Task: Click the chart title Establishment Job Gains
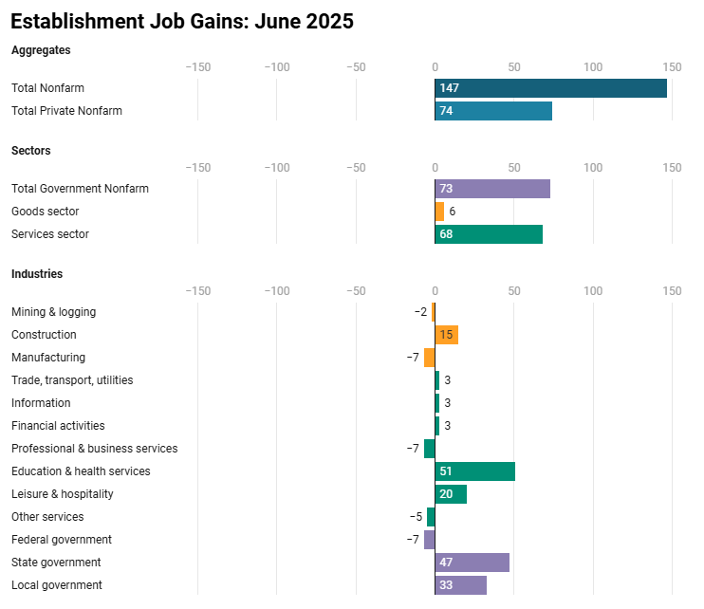click(x=182, y=21)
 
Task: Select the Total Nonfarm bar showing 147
click(x=550, y=88)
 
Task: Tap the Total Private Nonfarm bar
click(x=493, y=111)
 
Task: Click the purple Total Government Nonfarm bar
click(x=492, y=189)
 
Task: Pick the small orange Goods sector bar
click(x=439, y=212)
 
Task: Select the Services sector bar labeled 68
click(x=489, y=234)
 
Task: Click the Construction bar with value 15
click(x=447, y=335)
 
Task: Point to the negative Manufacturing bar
click(x=430, y=358)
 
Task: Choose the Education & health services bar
click(x=475, y=471)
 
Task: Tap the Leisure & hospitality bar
click(x=451, y=494)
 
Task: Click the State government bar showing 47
click(x=472, y=563)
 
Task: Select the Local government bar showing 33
click(x=461, y=585)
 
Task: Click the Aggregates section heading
click(x=41, y=49)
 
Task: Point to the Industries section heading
click(x=37, y=274)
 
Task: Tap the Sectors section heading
click(x=31, y=151)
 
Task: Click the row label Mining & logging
click(x=53, y=312)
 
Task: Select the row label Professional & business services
click(x=94, y=449)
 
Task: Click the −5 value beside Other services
click(x=416, y=517)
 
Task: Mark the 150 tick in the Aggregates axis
click(x=672, y=67)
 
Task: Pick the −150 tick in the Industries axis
click(x=197, y=291)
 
